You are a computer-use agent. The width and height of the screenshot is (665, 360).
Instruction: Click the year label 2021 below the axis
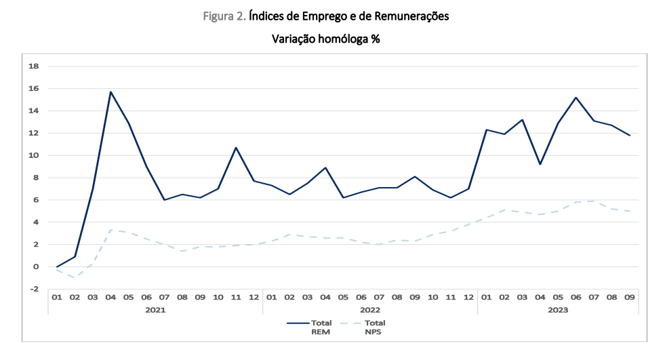(155, 309)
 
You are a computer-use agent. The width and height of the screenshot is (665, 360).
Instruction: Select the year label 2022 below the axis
(369, 309)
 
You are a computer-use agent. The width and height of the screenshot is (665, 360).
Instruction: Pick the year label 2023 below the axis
(558, 309)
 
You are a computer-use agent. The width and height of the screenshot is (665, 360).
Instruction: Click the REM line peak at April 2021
(110, 92)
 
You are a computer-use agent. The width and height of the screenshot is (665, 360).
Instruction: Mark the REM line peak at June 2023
(576, 98)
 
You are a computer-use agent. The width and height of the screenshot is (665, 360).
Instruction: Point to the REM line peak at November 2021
(236, 148)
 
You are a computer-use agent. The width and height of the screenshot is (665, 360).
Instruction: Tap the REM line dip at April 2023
(540, 164)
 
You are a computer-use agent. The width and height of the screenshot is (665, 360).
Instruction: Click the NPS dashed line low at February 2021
(75, 277)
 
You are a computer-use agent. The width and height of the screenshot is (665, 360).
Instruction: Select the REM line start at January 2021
(57, 266)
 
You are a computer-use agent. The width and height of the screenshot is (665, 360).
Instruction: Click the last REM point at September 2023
(630, 136)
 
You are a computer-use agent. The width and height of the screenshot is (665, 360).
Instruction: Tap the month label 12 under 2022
(468, 297)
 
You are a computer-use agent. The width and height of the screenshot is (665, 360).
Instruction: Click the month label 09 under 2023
(630, 297)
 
